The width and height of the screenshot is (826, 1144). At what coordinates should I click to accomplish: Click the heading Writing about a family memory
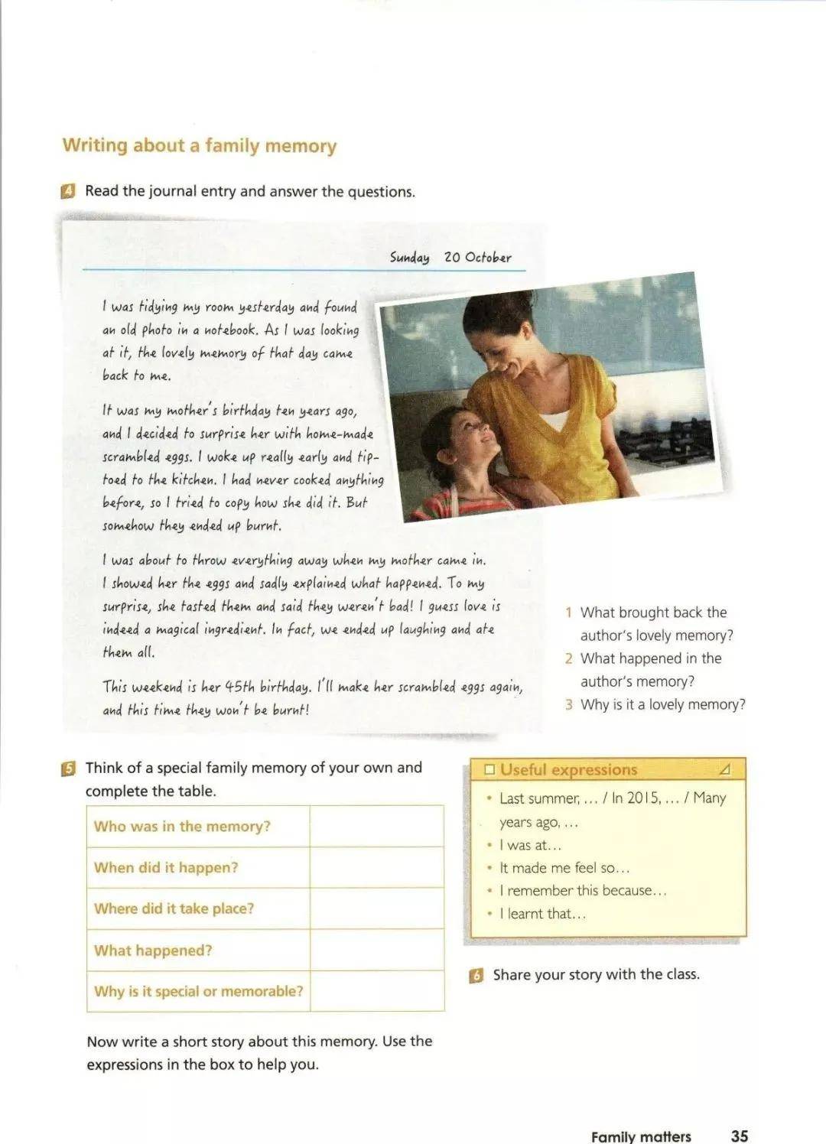pyautogui.click(x=199, y=145)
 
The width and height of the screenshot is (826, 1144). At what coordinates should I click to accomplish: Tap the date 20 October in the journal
pyautogui.click(x=477, y=257)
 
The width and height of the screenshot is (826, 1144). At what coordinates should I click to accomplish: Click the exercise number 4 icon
pyautogui.click(x=68, y=191)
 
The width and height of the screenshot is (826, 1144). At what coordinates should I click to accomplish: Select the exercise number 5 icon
pyautogui.click(x=68, y=769)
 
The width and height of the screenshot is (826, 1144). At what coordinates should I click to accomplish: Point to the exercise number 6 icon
pyautogui.click(x=476, y=975)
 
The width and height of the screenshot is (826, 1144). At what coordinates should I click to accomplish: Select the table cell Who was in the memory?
pyautogui.click(x=182, y=826)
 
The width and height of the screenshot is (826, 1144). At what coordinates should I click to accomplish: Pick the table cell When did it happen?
pyautogui.click(x=166, y=867)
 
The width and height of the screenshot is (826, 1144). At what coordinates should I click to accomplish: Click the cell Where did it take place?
pyautogui.click(x=174, y=908)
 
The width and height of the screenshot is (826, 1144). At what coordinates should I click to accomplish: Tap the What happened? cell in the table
pyautogui.click(x=153, y=951)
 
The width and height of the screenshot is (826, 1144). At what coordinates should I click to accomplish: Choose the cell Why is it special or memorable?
pyautogui.click(x=198, y=991)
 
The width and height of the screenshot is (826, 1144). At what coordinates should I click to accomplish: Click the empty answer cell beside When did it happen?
pyautogui.click(x=377, y=867)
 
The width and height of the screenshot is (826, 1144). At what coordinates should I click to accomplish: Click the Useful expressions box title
pyautogui.click(x=568, y=770)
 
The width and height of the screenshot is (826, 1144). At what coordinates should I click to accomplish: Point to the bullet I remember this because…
pyautogui.click(x=583, y=891)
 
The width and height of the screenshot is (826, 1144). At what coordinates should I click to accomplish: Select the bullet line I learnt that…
pyautogui.click(x=542, y=914)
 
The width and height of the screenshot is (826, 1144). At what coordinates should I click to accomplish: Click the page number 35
pyautogui.click(x=739, y=1136)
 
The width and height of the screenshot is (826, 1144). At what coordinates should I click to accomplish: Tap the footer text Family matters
pyautogui.click(x=641, y=1136)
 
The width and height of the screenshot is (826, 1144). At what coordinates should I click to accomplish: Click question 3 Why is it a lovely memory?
pyautogui.click(x=662, y=704)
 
